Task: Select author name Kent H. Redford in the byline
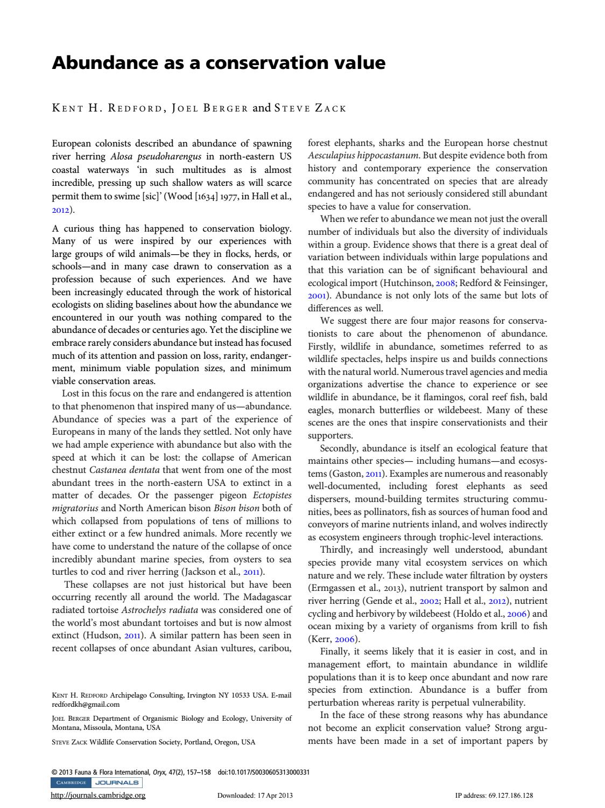[107, 108]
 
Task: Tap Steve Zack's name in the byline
[309, 108]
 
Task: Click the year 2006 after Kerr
[347, 639]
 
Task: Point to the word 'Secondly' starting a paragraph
[339, 448]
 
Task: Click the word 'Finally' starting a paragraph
[337, 652]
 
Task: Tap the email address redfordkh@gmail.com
[86, 704]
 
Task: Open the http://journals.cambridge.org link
[98, 795]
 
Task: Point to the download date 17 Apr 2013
[273, 796]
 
